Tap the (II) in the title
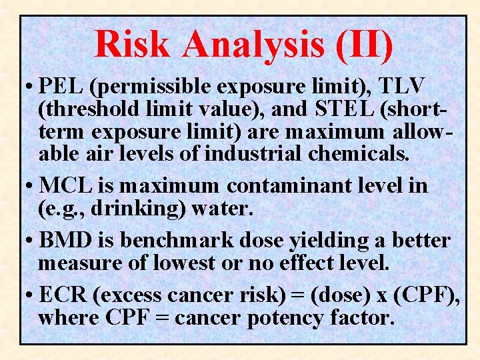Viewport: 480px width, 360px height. tap(364, 44)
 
